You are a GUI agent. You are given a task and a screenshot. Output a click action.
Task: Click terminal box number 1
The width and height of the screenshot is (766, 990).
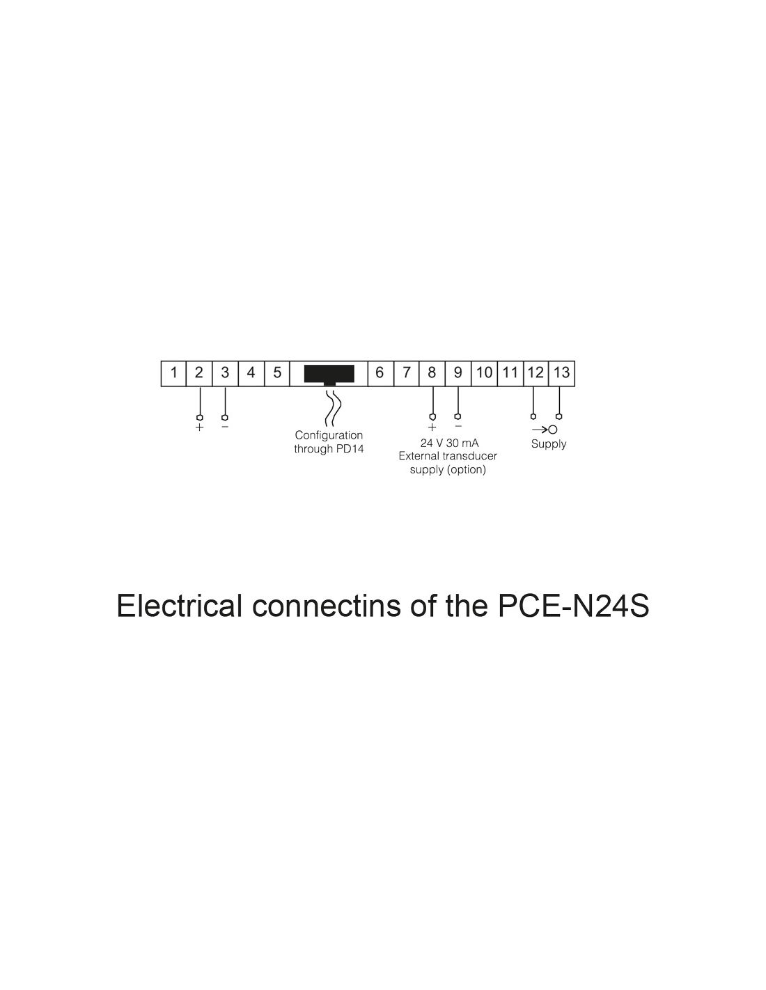click(x=173, y=372)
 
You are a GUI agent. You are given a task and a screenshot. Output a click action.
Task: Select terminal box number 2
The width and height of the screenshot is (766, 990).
click(x=199, y=372)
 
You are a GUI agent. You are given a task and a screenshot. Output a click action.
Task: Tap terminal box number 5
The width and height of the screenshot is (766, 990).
click(x=276, y=372)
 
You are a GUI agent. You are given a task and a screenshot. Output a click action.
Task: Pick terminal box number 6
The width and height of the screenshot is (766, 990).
click(x=380, y=372)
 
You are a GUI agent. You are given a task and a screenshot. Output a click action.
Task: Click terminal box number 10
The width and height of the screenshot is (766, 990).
click(x=484, y=372)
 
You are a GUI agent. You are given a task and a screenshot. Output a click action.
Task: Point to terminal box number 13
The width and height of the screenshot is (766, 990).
click(x=561, y=372)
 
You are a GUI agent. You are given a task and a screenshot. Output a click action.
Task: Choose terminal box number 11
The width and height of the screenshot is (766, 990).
click(x=510, y=372)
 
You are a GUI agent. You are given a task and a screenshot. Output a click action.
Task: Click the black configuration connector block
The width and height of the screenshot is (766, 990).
click(x=329, y=374)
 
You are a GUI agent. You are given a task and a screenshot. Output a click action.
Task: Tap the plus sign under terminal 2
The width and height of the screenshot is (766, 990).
click(x=200, y=427)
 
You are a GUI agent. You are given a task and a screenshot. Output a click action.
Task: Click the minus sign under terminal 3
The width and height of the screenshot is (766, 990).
click(x=225, y=426)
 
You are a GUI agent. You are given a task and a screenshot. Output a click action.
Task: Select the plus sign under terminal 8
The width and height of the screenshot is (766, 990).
click(x=432, y=427)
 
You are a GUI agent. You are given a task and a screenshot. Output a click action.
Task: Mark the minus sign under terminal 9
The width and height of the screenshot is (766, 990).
click(x=458, y=426)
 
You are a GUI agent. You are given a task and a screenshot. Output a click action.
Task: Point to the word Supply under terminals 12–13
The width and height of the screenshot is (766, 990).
click(x=549, y=444)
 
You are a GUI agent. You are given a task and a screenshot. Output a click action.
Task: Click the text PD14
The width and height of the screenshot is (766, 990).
click(x=349, y=449)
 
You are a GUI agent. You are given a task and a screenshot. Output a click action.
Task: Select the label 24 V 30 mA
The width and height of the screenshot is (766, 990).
click(x=449, y=443)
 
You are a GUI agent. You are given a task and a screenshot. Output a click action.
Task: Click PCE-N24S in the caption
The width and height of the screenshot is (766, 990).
click(x=574, y=606)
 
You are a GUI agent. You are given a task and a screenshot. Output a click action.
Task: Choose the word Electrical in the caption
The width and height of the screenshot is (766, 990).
click(x=179, y=606)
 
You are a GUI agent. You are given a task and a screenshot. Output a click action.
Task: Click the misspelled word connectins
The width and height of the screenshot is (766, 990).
click(x=326, y=606)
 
